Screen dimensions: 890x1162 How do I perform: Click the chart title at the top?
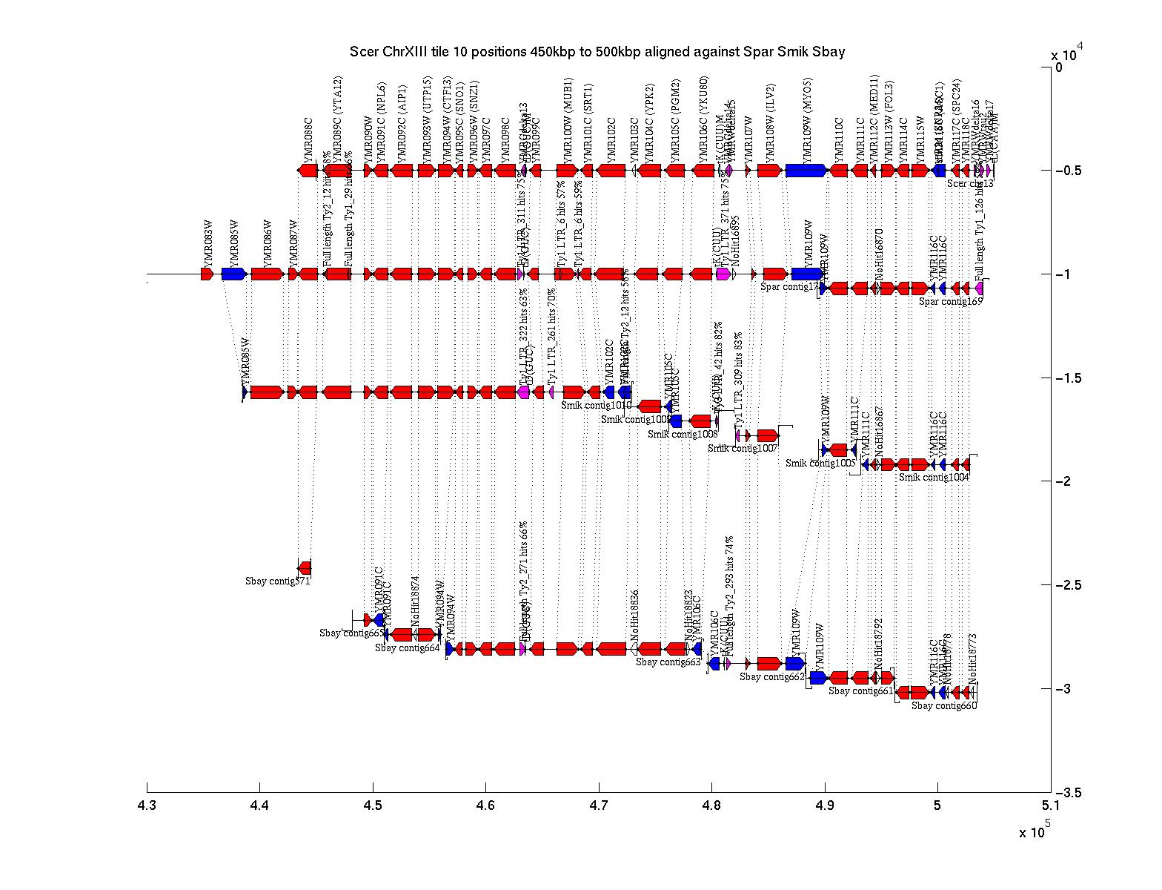point(597,52)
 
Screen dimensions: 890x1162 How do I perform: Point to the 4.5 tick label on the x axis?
point(373,805)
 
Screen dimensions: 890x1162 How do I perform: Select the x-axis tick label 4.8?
point(711,805)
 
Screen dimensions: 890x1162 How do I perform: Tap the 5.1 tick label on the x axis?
point(1050,805)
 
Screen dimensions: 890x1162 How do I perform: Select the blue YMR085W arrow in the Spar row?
point(234,274)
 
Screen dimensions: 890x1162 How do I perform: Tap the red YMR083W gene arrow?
point(207,274)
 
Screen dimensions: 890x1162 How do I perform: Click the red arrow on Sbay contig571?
point(305,568)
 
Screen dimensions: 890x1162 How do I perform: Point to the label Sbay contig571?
point(278,581)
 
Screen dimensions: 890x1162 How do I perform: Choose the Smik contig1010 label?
point(597,406)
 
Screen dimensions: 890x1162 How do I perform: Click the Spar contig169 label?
point(951,302)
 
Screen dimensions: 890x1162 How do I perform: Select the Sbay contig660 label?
point(944,706)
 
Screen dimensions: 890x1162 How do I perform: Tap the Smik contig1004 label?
point(934,478)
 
